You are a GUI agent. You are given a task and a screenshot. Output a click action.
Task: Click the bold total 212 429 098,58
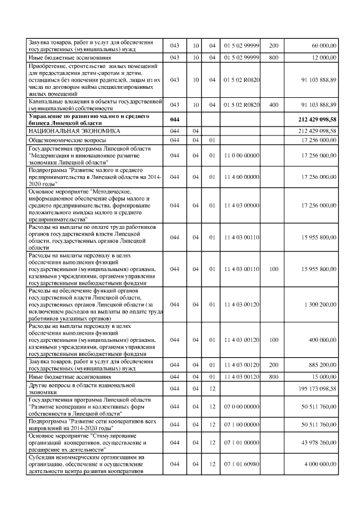pyautogui.click(x=318, y=119)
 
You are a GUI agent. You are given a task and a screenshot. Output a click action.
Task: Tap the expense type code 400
pyautogui.click(x=274, y=105)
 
